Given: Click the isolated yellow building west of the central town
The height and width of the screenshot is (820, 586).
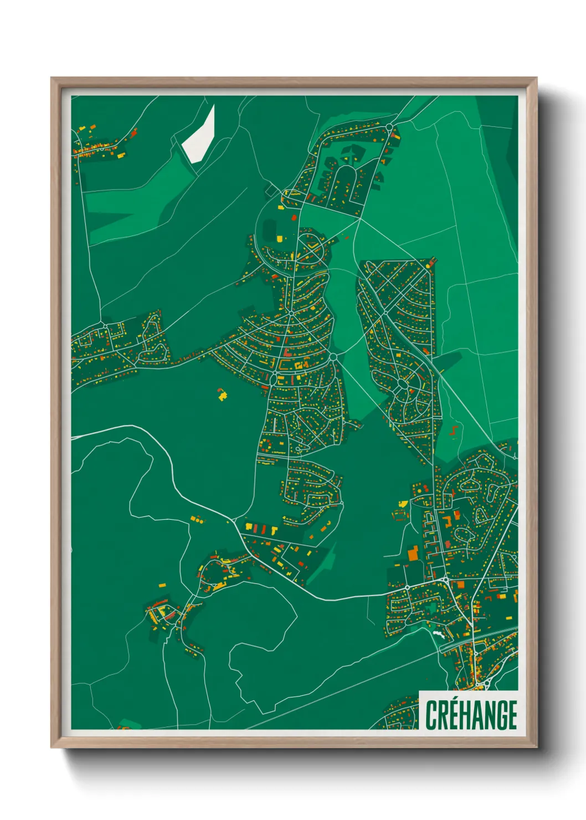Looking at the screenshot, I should pyautogui.click(x=222, y=395).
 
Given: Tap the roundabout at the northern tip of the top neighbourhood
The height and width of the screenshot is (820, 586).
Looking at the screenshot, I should pyautogui.click(x=389, y=127).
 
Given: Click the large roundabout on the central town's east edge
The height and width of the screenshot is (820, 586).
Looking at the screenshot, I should pyautogui.click(x=333, y=357).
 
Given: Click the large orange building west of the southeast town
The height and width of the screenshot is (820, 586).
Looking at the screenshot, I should pyautogui.click(x=413, y=553).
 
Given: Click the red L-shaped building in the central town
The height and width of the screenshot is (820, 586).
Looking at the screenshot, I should pyautogui.click(x=286, y=353).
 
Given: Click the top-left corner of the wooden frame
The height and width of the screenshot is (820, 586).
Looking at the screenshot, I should pyautogui.click(x=52, y=78).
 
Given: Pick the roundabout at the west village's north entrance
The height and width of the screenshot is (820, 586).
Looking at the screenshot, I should pyautogui.click(x=104, y=324).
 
